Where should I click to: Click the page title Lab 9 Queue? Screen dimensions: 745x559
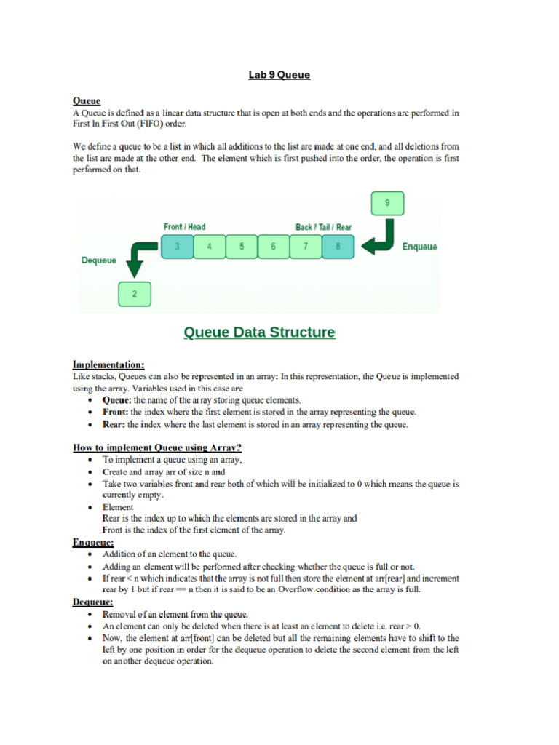click(x=279, y=75)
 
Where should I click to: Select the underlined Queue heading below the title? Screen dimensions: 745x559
click(x=87, y=101)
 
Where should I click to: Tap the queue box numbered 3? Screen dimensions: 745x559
click(x=177, y=247)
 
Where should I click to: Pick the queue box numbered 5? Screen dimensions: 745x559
click(x=241, y=247)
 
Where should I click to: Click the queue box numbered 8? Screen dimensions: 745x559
click(x=338, y=247)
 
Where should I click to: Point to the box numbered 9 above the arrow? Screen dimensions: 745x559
click(x=386, y=203)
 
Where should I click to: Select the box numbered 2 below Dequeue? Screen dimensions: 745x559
click(x=134, y=294)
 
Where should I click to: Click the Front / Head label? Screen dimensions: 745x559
click(x=184, y=227)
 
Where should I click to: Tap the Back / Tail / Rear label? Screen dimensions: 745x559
click(x=323, y=227)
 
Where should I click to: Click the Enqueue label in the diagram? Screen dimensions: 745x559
click(x=420, y=247)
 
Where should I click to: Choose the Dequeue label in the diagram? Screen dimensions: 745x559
click(x=98, y=260)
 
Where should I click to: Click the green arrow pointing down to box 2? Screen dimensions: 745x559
click(x=138, y=260)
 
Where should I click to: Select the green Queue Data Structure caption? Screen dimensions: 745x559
click(x=258, y=332)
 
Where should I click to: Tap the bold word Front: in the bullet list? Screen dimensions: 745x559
click(x=116, y=412)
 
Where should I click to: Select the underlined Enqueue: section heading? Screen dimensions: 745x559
click(x=92, y=542)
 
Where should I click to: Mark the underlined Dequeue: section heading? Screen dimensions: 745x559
click(x=92, y=602)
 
